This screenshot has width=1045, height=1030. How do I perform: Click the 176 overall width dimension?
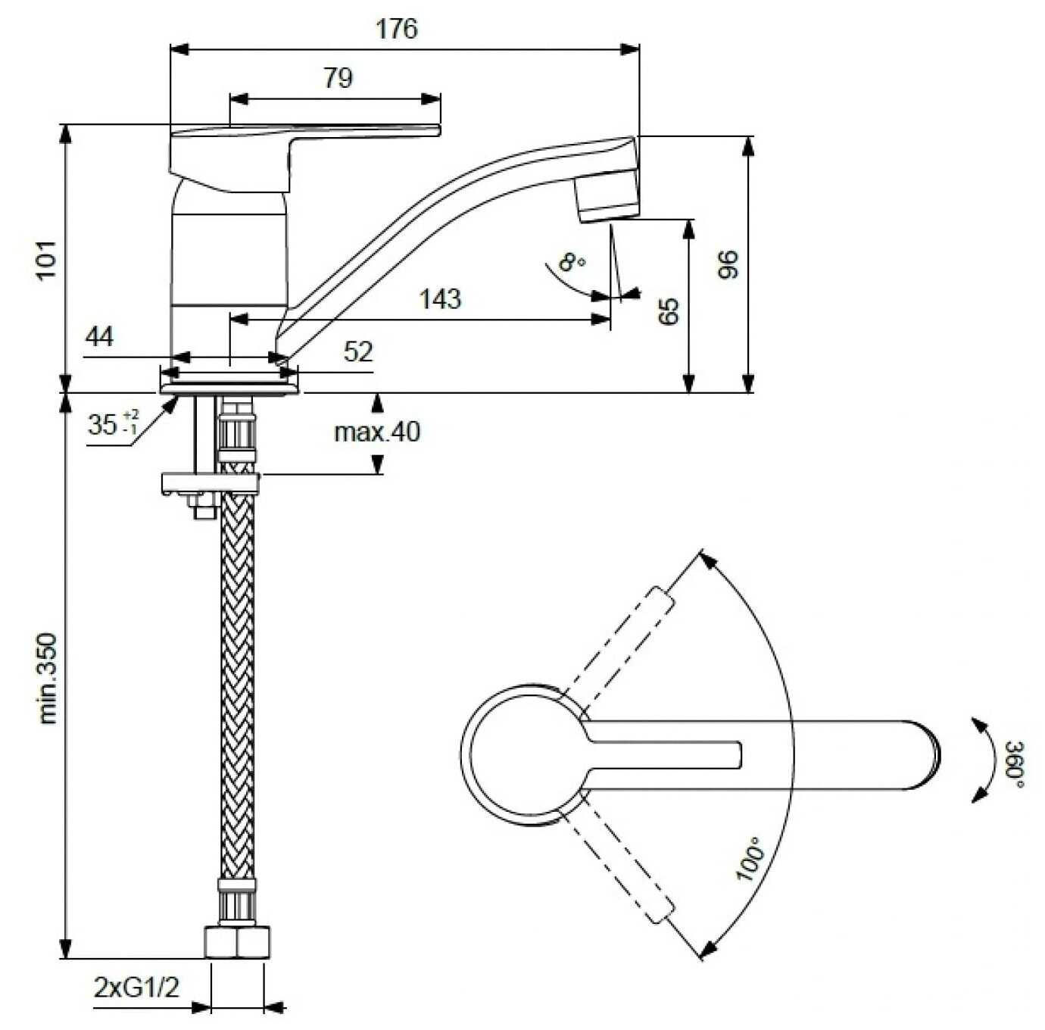coord(397,29)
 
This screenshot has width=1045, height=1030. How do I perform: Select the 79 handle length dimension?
coord(338,77)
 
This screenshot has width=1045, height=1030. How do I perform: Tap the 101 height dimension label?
coord(47,260)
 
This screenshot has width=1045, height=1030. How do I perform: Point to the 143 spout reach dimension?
coord(440,299)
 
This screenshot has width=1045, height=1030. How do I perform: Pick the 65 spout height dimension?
coord(669,311)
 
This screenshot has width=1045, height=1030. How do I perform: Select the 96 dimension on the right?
coord(728,264)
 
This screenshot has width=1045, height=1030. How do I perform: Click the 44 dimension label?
coord(99,336)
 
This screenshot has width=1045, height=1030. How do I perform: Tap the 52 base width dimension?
coord(358,351)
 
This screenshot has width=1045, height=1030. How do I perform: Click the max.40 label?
coord(377,432)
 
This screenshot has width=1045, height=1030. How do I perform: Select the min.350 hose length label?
coord(48,678)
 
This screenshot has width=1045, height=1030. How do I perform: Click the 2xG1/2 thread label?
coord(136,988)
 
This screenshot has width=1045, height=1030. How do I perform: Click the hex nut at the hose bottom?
coord(236,942)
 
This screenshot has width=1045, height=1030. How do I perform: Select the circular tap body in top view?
coord(522,756)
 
